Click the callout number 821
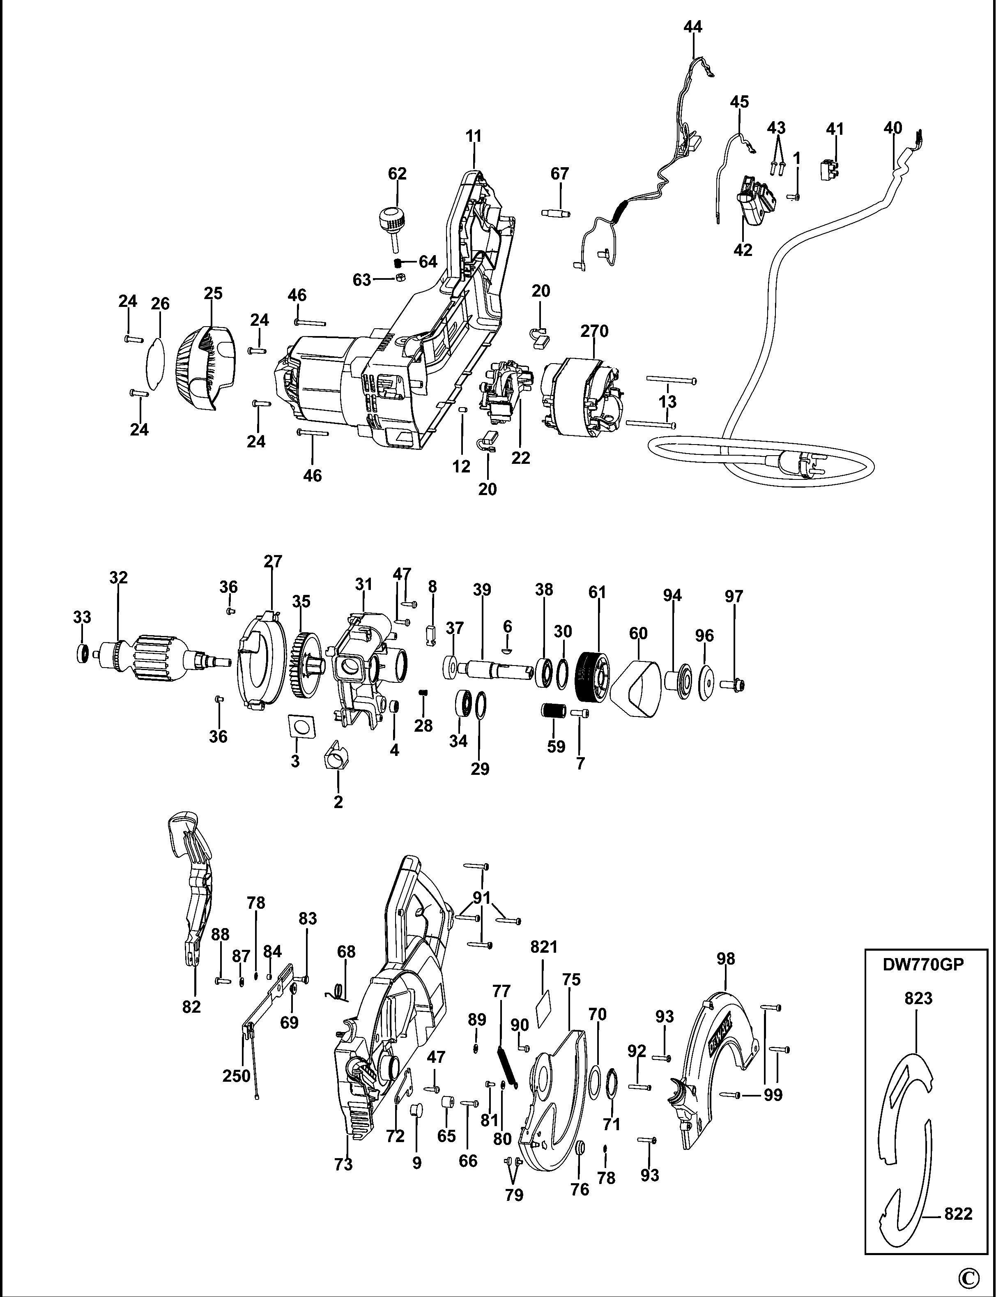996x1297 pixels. coord(544,947)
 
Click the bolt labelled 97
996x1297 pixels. coord(734,684)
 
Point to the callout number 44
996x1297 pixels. coord(692,27)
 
